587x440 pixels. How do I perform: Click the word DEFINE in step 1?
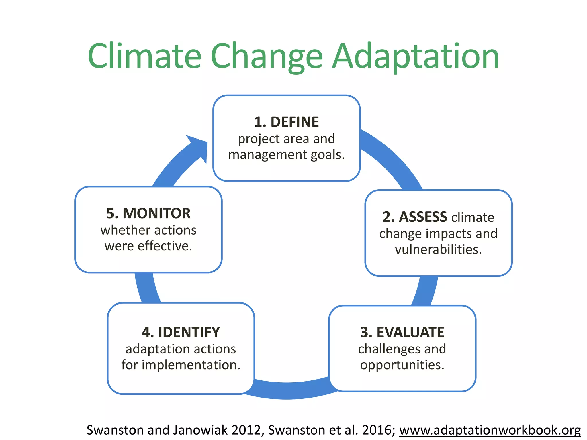pos(294,122)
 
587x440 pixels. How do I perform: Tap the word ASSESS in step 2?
pos(423,217)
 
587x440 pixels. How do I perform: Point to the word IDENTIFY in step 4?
pos(189,332)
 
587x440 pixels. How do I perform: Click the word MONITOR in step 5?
pos(156,213)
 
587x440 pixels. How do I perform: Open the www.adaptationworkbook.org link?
pos(490,430)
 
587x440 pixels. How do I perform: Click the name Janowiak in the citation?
pos(200,430)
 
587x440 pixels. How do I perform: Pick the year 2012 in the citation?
pos(246,430)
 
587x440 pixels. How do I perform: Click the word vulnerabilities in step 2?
pos(438,249)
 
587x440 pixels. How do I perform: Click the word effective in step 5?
pos(165,246)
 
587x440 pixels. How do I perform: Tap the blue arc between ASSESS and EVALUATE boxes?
pos(425,291)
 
